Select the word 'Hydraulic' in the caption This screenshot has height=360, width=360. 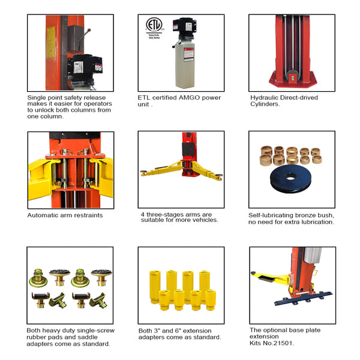(x=264, y=97)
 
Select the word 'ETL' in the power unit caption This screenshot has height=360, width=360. (x=145, y=97)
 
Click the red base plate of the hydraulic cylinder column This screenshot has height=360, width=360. (x=292, y=78)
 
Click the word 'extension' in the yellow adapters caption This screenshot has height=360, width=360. (x=199, y=329)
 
